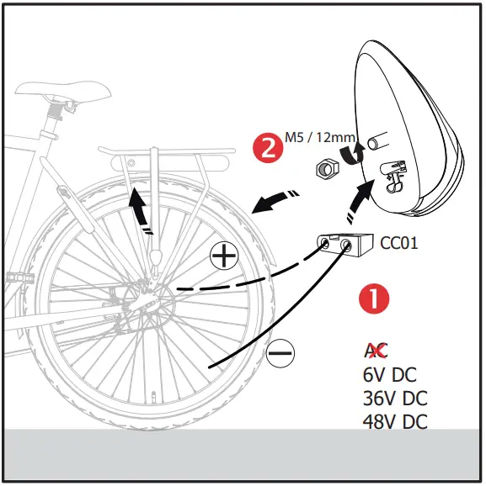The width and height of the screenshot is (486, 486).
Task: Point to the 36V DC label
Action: (x=393, y=398)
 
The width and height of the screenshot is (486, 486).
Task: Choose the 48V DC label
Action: (x=393, y=420)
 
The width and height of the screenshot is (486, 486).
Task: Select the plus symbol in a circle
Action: (x=223, y=255)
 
